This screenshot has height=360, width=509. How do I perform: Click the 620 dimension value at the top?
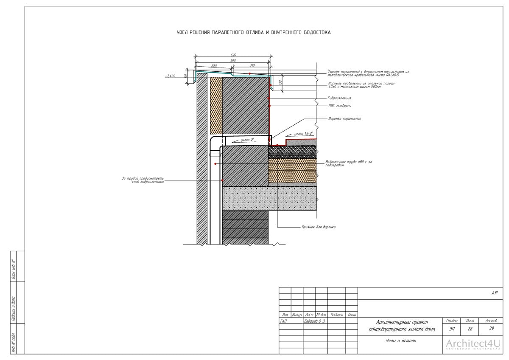(x=233, y=55)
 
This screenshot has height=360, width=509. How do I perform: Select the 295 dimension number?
(x=214, y=66)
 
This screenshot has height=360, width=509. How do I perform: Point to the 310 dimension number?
(x=252, y=66)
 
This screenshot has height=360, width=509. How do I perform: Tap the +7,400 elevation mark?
(x=171, y=76)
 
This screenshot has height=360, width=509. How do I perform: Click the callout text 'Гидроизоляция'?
(x=339, y=98)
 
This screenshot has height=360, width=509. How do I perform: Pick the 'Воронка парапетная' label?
(x=344, y=119)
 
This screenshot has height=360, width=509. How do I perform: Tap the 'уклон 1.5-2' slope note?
(x=303, y=134)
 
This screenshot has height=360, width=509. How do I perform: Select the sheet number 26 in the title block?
(x=470, y=329)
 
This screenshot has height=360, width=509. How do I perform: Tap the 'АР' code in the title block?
(x=495, y=293)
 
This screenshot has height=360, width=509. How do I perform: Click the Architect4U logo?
(x=473, y=344)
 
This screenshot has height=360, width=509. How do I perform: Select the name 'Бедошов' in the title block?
(x=312, y=321)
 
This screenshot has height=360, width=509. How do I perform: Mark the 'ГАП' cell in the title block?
(x=284, y=321)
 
